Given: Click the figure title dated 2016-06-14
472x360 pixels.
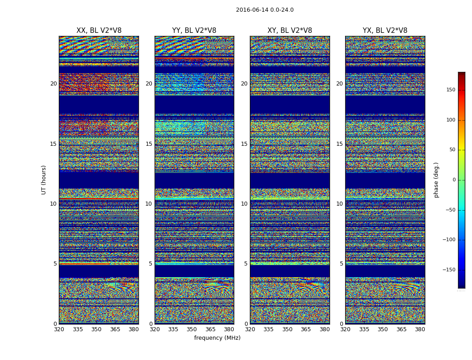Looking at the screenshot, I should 264,10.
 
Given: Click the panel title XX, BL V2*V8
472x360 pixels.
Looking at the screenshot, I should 99,31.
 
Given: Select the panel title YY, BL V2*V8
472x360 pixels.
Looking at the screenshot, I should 194,31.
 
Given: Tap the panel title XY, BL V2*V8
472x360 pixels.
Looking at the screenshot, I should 289,31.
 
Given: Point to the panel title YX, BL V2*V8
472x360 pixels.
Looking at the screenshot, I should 385,31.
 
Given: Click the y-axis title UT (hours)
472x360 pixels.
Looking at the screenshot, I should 44,180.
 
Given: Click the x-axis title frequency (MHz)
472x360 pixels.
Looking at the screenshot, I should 217,338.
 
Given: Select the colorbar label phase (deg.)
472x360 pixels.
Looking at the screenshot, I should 436,180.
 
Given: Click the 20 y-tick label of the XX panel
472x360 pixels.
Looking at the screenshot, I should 53,84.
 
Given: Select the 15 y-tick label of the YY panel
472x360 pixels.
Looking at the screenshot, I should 149,144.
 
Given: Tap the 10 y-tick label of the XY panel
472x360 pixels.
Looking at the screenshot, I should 244,204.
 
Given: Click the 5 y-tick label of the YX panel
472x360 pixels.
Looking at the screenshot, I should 341,264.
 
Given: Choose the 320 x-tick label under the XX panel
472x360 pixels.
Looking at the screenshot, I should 59,329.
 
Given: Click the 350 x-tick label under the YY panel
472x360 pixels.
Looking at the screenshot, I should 191,329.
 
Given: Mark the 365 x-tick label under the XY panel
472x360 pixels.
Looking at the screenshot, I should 306,329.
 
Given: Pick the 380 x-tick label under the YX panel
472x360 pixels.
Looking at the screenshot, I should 420,329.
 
